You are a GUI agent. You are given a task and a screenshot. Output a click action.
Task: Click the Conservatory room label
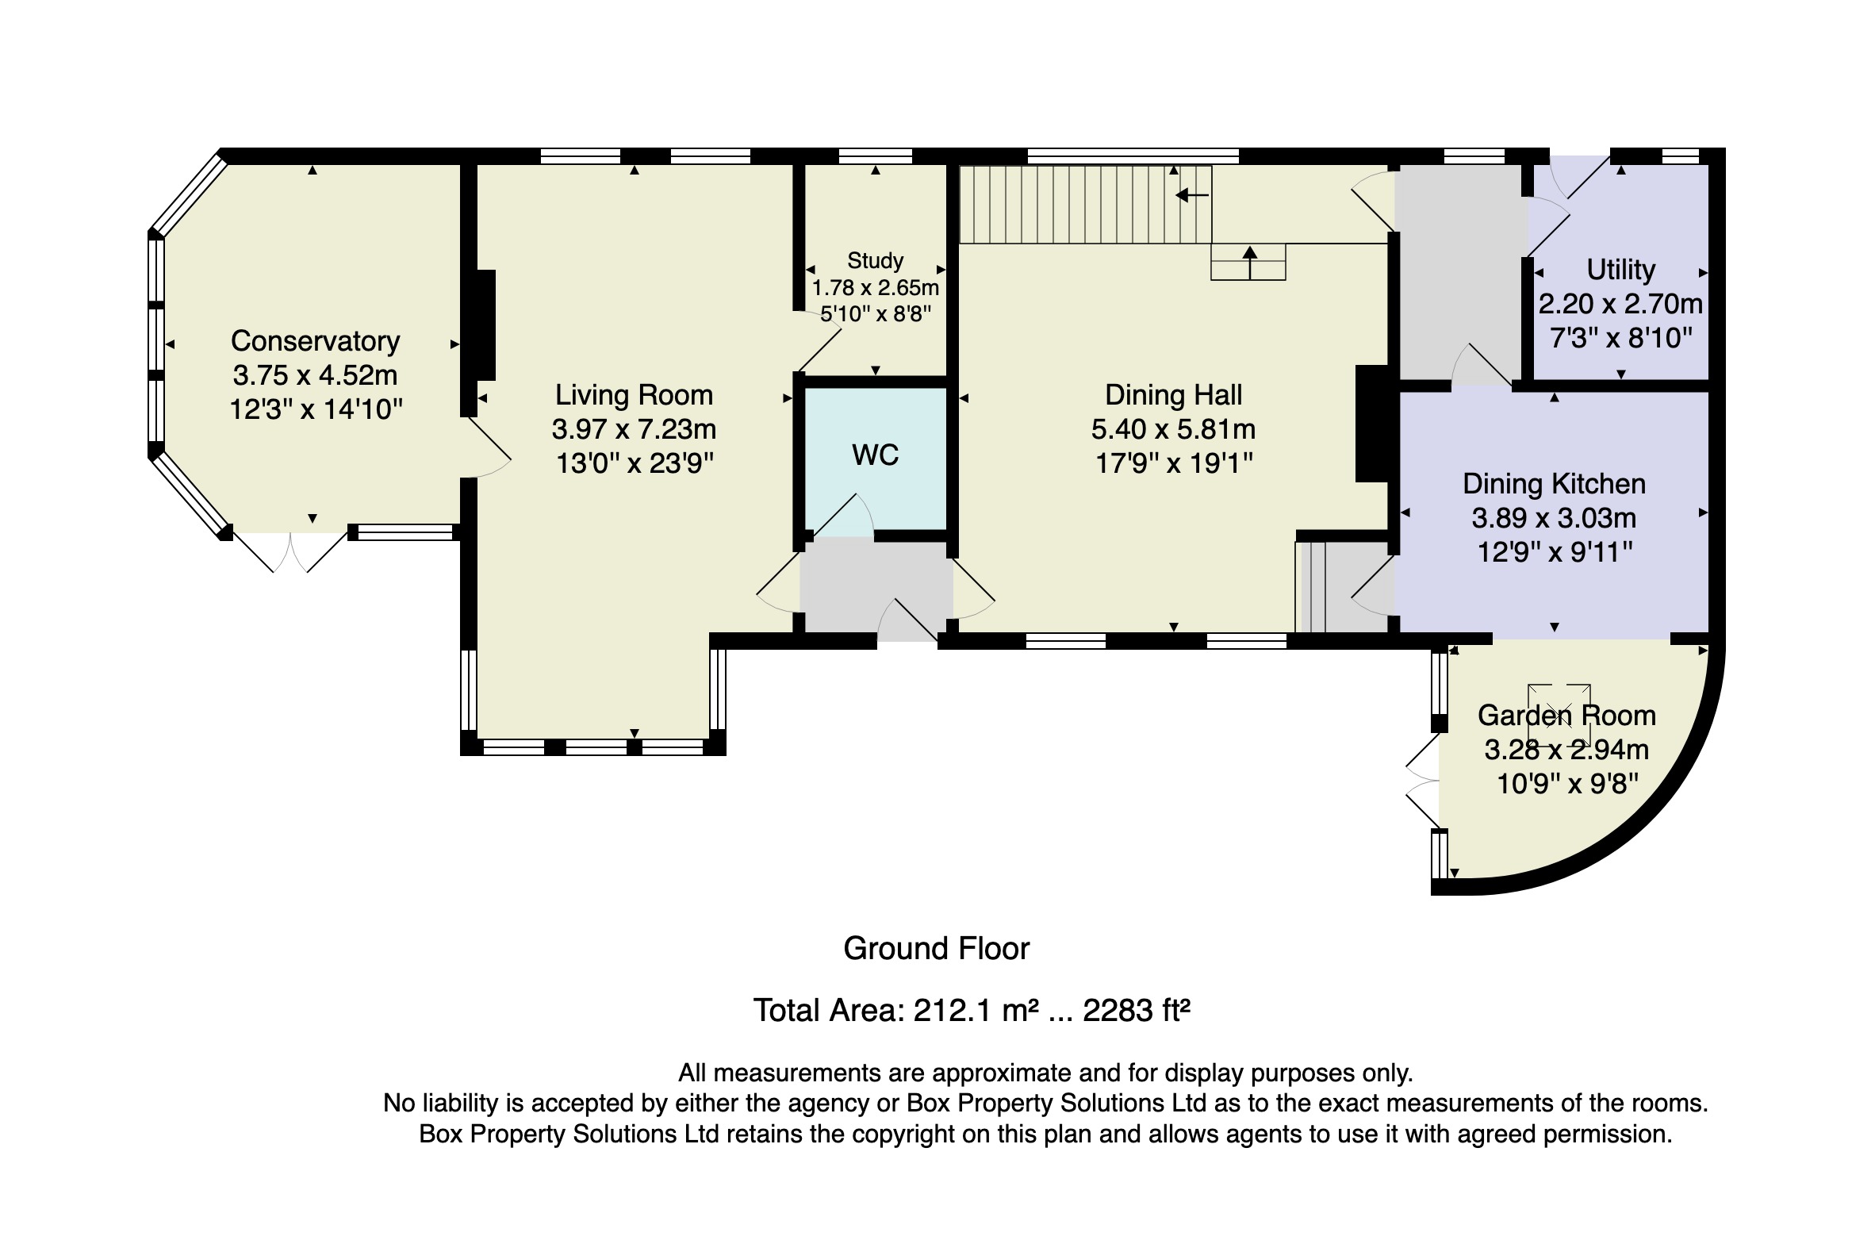316,341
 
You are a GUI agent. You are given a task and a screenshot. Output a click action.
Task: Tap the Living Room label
634,395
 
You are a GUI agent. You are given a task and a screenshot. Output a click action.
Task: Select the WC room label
876,455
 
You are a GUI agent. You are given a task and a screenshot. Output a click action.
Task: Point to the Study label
876,260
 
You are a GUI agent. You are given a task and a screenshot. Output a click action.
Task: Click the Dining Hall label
1173,395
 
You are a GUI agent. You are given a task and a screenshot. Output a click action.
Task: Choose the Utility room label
1620,270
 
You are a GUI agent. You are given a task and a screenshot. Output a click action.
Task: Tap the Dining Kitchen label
1554,484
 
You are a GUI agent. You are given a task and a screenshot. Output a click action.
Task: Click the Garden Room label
1566,716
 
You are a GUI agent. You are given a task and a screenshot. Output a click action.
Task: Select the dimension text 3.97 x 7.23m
634,429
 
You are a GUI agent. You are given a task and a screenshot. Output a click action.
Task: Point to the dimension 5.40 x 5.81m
1173,429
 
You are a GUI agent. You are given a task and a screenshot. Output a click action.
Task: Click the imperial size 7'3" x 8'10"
1620,339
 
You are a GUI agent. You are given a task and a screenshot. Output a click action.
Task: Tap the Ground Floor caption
936,949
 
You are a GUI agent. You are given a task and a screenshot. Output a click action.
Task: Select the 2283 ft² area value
1137,1011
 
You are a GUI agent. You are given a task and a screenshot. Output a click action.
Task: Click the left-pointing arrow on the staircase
1192,194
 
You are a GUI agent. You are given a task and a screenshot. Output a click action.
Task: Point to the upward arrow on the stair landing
1250,263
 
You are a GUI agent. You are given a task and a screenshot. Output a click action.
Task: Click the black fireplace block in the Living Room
485,325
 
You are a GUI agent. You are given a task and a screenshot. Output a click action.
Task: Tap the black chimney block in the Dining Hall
1371,423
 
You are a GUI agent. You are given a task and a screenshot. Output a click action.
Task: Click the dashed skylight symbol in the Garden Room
1559,713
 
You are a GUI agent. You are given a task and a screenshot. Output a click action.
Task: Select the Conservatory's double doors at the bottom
292,550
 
